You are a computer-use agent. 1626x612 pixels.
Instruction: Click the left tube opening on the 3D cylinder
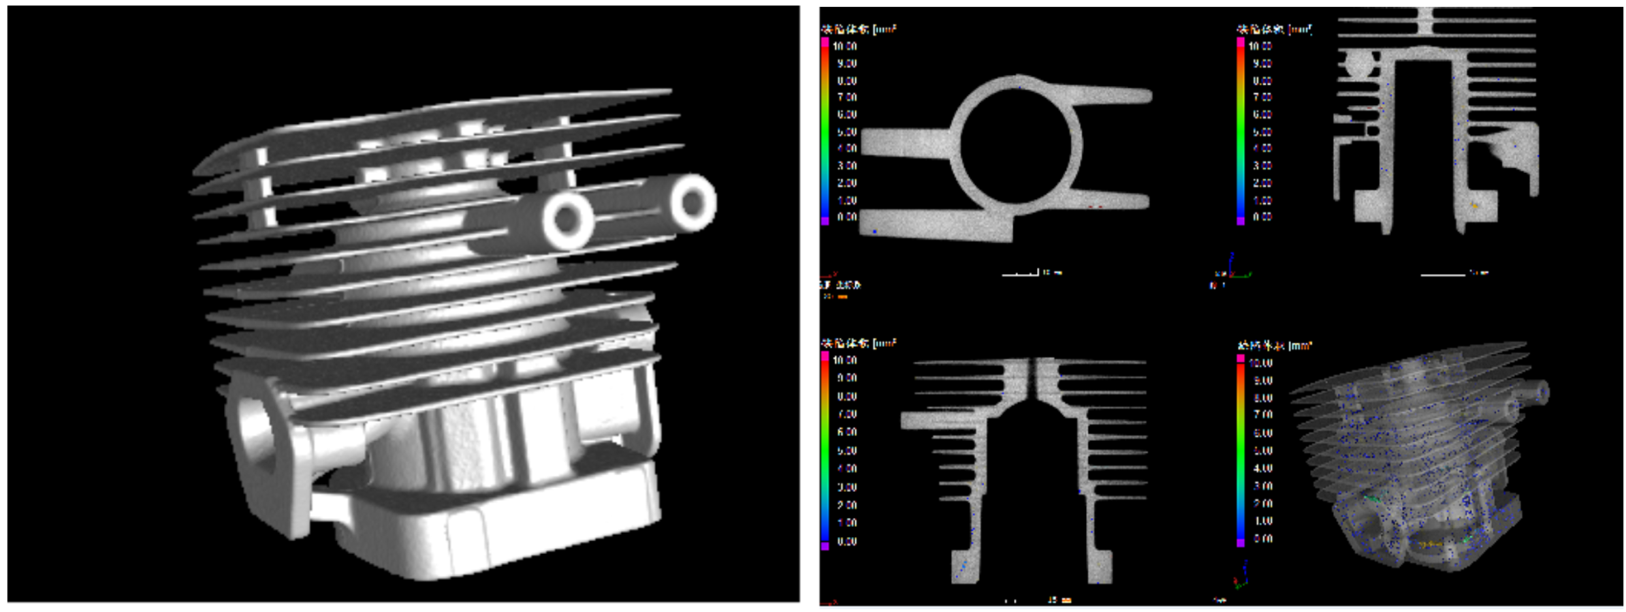point(567,219)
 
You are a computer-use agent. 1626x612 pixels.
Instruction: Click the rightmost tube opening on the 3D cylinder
point(693,202)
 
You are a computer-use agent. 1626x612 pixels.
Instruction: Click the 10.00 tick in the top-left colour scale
point(844,46)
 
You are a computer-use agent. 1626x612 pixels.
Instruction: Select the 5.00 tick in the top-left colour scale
point(846,132)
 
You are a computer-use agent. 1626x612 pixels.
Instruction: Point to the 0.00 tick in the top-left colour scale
point(846,217)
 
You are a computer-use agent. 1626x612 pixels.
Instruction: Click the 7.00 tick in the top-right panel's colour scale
point(1262,97)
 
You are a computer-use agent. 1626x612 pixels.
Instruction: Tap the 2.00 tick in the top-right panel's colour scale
point(1262,183)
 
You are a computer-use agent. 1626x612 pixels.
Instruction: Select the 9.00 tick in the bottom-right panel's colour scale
point(1263,381)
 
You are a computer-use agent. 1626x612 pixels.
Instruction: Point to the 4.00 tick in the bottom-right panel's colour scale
point(1263,468)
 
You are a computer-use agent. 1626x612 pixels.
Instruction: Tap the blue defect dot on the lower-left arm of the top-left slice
point(874,232)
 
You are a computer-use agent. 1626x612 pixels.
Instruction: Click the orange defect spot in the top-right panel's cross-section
point(1475,204)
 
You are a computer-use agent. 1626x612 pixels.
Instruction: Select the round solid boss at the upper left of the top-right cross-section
point(1359,65)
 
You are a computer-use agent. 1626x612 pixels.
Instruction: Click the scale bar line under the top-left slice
point(1019,274)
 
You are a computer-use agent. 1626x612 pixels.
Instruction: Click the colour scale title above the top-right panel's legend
point(1273,29)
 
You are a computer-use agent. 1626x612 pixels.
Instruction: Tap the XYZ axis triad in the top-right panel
point(1232,270)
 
